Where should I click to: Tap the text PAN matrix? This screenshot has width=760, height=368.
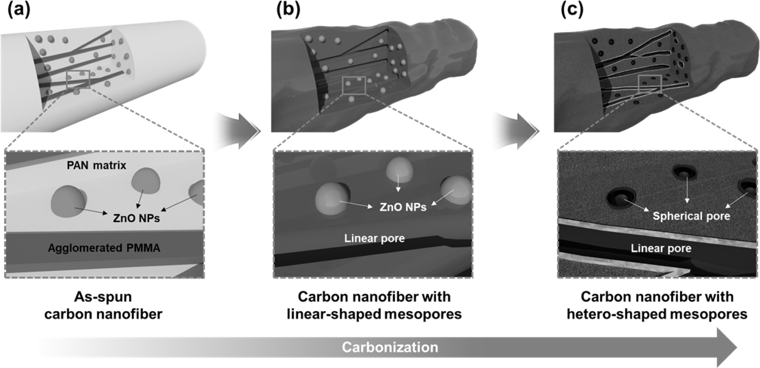[x=97, y=166]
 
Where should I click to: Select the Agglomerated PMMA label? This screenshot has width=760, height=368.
[x=104, y=248]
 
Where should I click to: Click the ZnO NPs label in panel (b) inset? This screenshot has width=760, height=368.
[x=403, y=207]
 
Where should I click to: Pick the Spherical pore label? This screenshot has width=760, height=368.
[x=691, y=216]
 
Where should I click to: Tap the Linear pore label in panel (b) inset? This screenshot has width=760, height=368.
[x=374, y=238]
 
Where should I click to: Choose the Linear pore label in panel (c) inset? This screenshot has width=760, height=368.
[x=661, y=248]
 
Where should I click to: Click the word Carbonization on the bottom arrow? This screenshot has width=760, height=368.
[x=390, y=347]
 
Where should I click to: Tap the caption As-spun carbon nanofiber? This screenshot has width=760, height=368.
[x=103, y=306]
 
